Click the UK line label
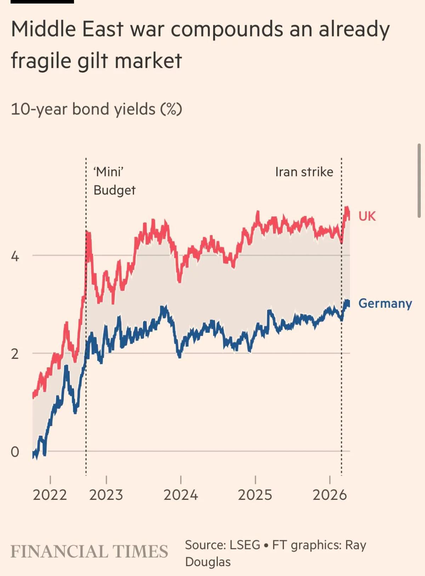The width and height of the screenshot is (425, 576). [367, 216]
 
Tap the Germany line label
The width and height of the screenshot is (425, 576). [385, 304]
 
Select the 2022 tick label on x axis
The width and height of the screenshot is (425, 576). [50, 495]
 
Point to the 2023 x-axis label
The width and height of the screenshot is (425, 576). [106, 495]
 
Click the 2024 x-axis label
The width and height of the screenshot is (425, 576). [181, 495]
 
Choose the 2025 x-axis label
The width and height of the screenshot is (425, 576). [255, 495]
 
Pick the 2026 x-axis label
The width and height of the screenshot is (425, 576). [329, 495]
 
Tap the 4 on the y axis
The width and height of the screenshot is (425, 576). [15, 256]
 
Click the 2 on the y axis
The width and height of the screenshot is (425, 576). [15, 354]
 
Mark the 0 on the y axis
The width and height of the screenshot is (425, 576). [15, 452]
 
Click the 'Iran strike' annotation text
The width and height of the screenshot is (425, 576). [304, 172]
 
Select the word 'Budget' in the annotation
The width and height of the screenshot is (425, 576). [114, 191]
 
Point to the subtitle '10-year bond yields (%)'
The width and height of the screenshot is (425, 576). [96, 109]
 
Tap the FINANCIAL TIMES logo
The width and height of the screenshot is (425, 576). [89, 552]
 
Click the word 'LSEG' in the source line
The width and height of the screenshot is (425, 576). [245, 545]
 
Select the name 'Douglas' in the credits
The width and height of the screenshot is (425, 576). [208, 562]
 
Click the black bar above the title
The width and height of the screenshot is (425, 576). [42, 1]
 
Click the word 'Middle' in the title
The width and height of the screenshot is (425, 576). [44, 29]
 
